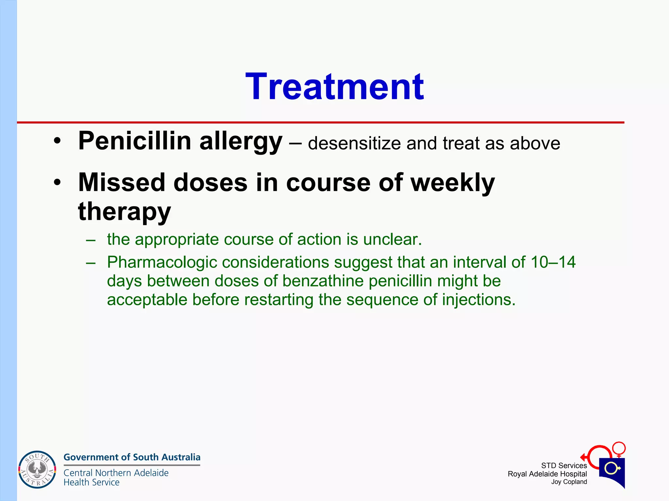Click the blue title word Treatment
coord(334,87)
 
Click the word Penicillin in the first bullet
coord(135,141)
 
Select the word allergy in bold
coord(241,142)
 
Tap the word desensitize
coord(354,144)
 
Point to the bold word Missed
coord(122,183)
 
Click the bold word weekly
coord(452,183)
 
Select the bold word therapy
coord(124,211)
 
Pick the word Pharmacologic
coord(162,262)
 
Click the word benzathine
coord(323,281)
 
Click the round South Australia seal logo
coord(37,469)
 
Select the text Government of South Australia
coord(132,457)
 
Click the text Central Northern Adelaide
coord(116,473)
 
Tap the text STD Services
coord(564,465)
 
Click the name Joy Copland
coord(569,482)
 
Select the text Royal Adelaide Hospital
coord(547,474)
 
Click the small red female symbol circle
coord(619,448)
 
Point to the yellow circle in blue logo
coord(611,469)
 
